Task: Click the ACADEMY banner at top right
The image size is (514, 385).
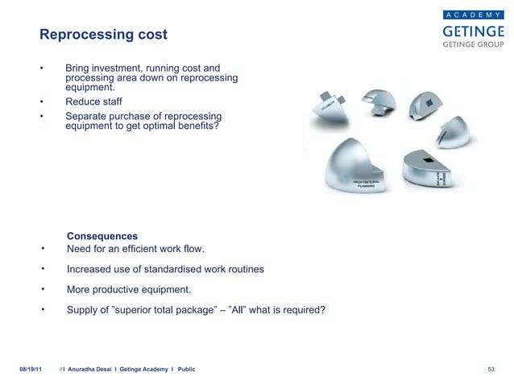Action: (474, 14)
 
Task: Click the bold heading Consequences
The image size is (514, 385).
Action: (102, 236)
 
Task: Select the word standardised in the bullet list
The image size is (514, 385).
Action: (178, 269)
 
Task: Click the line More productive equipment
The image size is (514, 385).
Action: (130, 289)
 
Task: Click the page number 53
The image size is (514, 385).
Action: (491, 368)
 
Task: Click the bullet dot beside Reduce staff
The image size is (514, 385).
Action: (41, 102)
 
